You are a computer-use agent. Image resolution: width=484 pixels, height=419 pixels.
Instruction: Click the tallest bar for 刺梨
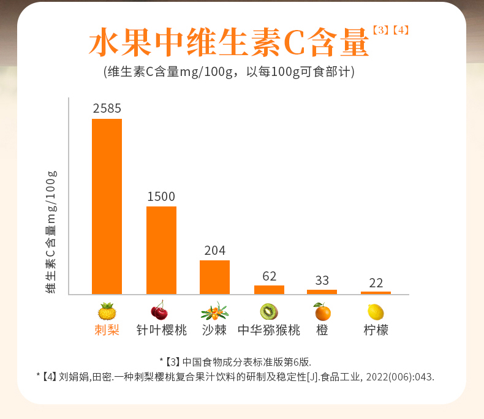(x=107, y=206)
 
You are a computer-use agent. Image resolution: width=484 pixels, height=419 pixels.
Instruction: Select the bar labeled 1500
(x=161, y=250)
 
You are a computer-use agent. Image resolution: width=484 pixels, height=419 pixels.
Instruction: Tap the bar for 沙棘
(x=214, y=277)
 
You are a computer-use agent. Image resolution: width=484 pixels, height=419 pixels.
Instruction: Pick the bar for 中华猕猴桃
(x=269, y=289)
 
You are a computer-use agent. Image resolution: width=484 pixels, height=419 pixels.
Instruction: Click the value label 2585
(x=107, y=108)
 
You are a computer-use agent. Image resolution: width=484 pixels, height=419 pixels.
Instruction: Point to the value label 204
(x=214, y=251)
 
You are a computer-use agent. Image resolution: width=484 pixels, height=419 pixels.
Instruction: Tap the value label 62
(x=269, y=276)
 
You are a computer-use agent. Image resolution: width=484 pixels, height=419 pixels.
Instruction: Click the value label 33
(x=322, y=281)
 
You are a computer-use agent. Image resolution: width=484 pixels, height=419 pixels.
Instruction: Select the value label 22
(x=376, y=283)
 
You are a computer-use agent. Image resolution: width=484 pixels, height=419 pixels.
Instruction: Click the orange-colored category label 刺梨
(x=107, y=330)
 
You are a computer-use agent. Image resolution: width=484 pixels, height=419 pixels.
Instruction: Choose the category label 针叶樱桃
(x=161, y=330)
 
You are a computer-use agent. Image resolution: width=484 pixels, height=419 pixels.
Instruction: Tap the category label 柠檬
(x=376, y=330)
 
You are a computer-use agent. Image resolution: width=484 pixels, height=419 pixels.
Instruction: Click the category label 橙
(x=322, y=330)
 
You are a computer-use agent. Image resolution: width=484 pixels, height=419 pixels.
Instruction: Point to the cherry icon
(x=159, y=311)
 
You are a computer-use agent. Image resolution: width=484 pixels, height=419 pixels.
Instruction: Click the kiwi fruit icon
(x=269, y=311)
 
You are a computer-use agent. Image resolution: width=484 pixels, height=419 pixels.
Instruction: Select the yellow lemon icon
(x=376, y=312)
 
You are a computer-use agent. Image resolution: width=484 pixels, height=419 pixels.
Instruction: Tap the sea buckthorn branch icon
(x=214, y=311)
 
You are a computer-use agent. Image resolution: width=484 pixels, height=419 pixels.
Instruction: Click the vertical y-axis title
(x=51, y=232)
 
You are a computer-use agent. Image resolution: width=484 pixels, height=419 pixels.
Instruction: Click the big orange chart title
(x=230, y=43)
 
